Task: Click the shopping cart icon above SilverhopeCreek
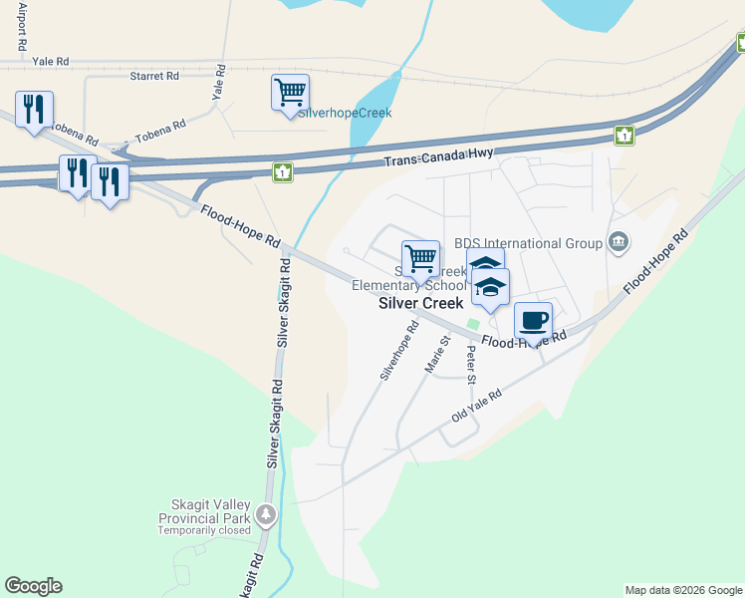coord(290,93)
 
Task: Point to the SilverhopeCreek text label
coord(345,113)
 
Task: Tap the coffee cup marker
coord(533,320)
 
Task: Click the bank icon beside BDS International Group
coord(618,242)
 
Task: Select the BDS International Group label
coord(528,243)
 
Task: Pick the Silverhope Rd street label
coord(397,350)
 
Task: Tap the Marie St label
coord(438,354)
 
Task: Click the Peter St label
coord(471,364)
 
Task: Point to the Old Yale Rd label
coord(476,404)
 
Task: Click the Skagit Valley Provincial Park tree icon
coord(266,515)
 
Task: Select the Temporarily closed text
coord(205,530)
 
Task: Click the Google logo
coord(33,586)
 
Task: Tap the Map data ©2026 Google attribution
coord(682,590)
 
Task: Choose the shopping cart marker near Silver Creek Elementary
coord(420,258)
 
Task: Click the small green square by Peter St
coord(473,324)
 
